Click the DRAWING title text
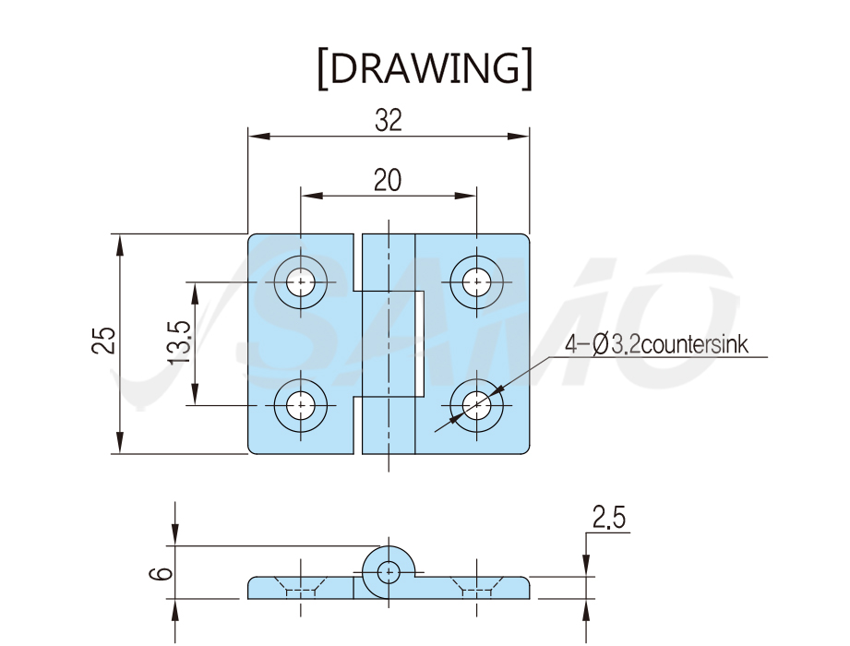point(425,68)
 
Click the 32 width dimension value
point(389,120)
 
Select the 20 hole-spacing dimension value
point(388,181)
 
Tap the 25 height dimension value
point(103,341)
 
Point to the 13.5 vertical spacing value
point(179,342)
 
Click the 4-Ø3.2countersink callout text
point(656,344)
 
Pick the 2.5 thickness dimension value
point(609,517)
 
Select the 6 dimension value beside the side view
point(161,573)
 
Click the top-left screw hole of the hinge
point(300,281)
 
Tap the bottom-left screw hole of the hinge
point(300,405)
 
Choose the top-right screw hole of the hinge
point(476,281)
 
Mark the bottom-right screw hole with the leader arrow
point(476,405)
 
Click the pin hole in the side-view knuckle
point(389,572)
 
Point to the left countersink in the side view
point(300,587)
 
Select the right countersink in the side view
point(476,587)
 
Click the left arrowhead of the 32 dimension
point(259,136)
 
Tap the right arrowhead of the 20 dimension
point(465,195)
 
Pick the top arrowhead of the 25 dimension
point(120,245)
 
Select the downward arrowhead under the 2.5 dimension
point(586,566)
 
